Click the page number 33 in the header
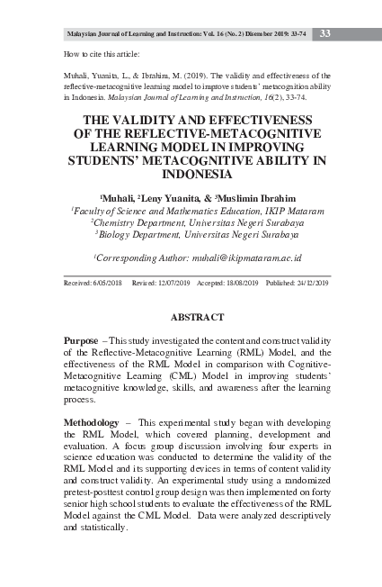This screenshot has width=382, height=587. coord(324,34)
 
